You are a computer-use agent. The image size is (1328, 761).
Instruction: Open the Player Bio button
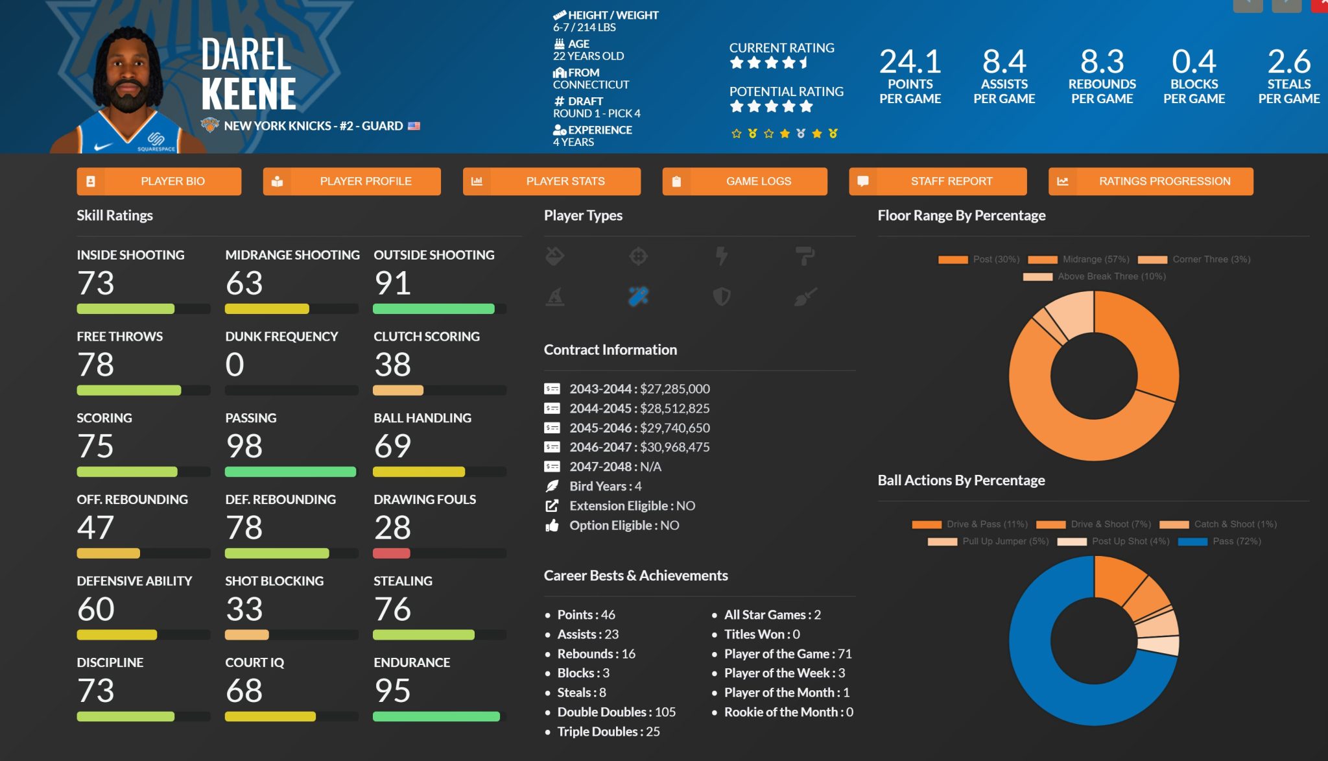click(x=159, y=182)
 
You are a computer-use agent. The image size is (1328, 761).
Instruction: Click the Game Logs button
click(x=744, y=182)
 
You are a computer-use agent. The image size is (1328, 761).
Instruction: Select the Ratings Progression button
click(x=1150, y=182)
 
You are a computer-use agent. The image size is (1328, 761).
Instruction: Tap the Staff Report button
click(x=938, y=182)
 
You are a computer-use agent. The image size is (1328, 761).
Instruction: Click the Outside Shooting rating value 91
click(x=392, y=284)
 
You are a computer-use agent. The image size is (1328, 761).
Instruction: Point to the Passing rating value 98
click(x=244, y=446)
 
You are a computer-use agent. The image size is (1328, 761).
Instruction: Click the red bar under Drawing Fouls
click(x=391, y=553)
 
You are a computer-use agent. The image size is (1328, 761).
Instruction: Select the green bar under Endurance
click(x=436, y=716)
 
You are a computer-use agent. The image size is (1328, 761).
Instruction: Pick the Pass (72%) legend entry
click(x=1219, y=541)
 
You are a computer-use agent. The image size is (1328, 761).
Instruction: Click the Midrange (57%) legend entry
click(x=1079, y=260)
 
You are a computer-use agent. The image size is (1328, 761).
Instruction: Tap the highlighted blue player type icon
click(x=638, y=296)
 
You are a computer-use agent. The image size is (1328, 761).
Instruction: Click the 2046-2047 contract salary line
click(x=639, y=447)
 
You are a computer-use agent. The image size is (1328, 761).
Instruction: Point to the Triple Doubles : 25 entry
click(x=608, y=732)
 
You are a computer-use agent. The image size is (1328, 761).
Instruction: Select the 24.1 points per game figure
click(x=910, y=62)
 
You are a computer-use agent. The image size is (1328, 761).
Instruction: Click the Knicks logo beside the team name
click(x=210, y=125)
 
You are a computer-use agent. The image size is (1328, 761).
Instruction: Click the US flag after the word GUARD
click(x=414, y=126)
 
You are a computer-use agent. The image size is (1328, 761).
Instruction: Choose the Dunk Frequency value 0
click(x=235, y=365)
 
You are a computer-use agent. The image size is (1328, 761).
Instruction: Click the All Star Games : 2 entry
click(x=772, y=615)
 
